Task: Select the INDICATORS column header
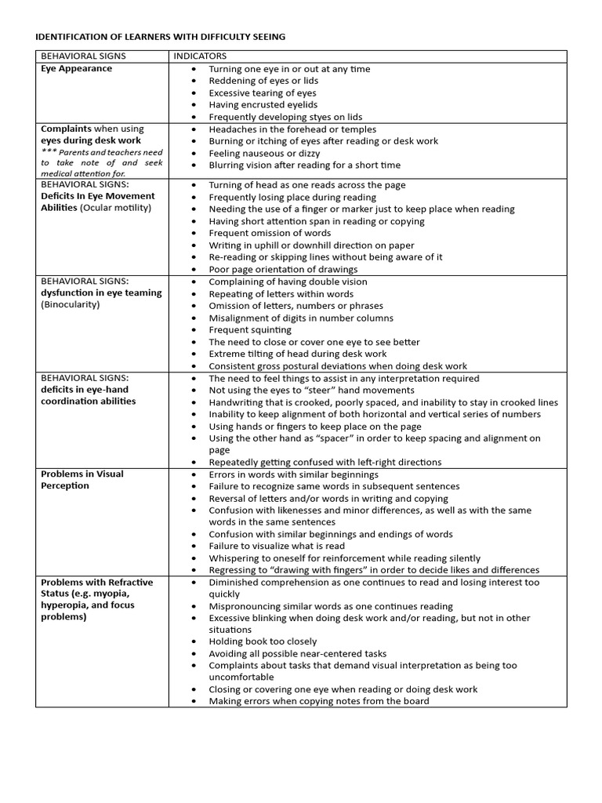[x=200, y=56]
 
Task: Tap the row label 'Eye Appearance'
[x=76, y=69]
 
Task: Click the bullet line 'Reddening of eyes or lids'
[x=263, y=81]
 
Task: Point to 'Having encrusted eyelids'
[x=263, y=105]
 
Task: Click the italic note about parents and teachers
[x=101, y=162]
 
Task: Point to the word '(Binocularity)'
[x=71, y=304]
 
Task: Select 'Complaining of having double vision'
[x=288, y=282]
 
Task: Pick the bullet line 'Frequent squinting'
[x=249, y=330]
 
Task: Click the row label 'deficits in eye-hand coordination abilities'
[x=88, y=395]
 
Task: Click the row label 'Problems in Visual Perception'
[x=82, y=479]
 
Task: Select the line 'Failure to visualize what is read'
[x=276, y=546]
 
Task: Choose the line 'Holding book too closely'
[x=263, y=641]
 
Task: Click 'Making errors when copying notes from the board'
[x=318, y=701]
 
